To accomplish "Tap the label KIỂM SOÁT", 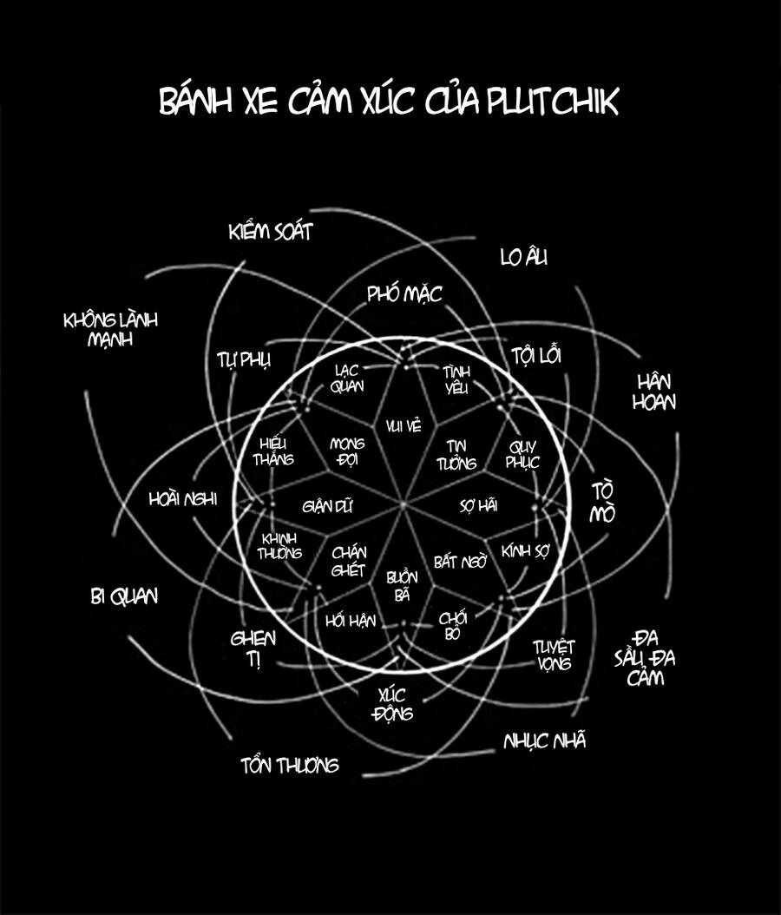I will pyautogui.click(x=270, y=232).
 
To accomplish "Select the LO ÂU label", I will pyautogui.click(x=524, y=257).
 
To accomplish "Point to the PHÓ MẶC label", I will pyautogui.click(x=404, y=294).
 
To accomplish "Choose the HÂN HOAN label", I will pyautogui.click(x=656, y=392).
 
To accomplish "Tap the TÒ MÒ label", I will pyautogui.click(x=602, y=502).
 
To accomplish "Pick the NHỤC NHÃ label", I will pyautogui.click(x=545, y=741).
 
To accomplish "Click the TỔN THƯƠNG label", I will pyautogui.click(x=290, y=766).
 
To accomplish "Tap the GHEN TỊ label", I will pyautogui.click(x=253, y=648).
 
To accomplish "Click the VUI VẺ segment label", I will pyautogui.click(x=404, y=425).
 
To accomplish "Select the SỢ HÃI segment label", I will pyautogui.click(x=478, y=505).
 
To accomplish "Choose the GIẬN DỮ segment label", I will pyautogui.click(x=328, y=505).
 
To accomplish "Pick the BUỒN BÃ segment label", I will pyautogui.click(x=402, y=586).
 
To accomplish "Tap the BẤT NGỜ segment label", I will pyautogui.click(x=460, y=562).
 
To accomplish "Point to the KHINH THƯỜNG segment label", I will pyautogui.click(x=279, y=544).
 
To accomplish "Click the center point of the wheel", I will pyautogui.click(x=404, y=504).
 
